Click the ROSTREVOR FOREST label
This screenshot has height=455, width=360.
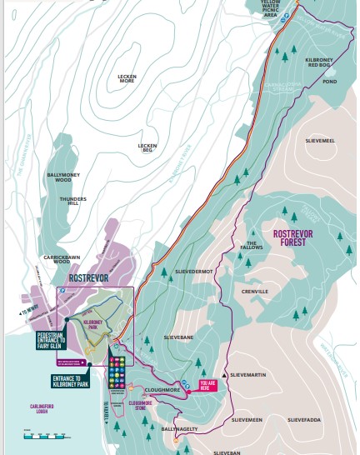(x=292, y=239)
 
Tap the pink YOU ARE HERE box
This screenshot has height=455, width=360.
(x=208, y=386)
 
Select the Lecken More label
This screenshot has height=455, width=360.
(x=127, y=78)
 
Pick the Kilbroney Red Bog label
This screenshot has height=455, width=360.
(x=321, y=63)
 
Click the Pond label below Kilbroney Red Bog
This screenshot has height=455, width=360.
(x=329, y=82)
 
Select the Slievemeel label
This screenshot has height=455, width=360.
(x=321, y=141)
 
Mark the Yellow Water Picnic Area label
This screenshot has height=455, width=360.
(x=269, y=8)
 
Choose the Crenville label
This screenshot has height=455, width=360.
(x=254, y=292)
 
